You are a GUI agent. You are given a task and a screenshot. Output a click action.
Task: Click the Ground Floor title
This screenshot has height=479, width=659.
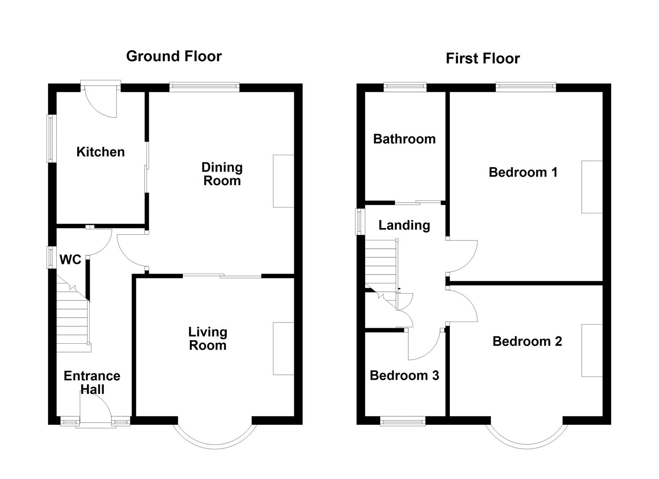point(174,56)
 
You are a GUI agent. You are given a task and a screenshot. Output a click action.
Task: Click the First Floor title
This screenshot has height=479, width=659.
point(482,59)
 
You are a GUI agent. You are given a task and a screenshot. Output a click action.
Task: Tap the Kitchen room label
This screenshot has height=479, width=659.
point(100,152)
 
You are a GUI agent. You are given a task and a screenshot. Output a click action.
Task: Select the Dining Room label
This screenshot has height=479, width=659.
point(222,174)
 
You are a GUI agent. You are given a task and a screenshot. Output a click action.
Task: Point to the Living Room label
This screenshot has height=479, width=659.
point(208,338)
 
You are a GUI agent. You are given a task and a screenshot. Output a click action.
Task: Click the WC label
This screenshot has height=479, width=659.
point(70,259)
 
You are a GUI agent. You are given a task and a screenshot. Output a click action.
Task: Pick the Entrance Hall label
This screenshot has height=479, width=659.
point(92,382)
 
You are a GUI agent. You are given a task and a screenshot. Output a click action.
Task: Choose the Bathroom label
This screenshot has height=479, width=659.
point(404,139)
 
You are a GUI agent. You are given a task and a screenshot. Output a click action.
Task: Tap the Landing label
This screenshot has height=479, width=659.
point(404,225)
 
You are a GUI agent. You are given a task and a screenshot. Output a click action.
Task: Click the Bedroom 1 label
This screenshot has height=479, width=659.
point(523,172)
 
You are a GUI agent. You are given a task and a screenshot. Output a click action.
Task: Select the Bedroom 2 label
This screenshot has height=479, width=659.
point(527,341)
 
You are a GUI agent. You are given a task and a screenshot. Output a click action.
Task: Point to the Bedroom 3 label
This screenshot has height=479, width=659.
point(404,376)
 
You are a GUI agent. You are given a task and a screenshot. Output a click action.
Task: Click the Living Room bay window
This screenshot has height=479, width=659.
point(215,437)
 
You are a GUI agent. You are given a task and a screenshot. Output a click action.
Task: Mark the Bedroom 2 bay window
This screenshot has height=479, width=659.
point(527,437)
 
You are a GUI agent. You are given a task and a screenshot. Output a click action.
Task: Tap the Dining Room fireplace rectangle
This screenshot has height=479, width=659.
point(283,181)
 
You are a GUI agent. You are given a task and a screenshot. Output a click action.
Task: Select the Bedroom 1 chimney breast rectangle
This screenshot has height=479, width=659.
point(592,187)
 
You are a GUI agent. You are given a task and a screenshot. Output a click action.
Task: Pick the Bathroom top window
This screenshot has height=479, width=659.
point(405,87)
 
